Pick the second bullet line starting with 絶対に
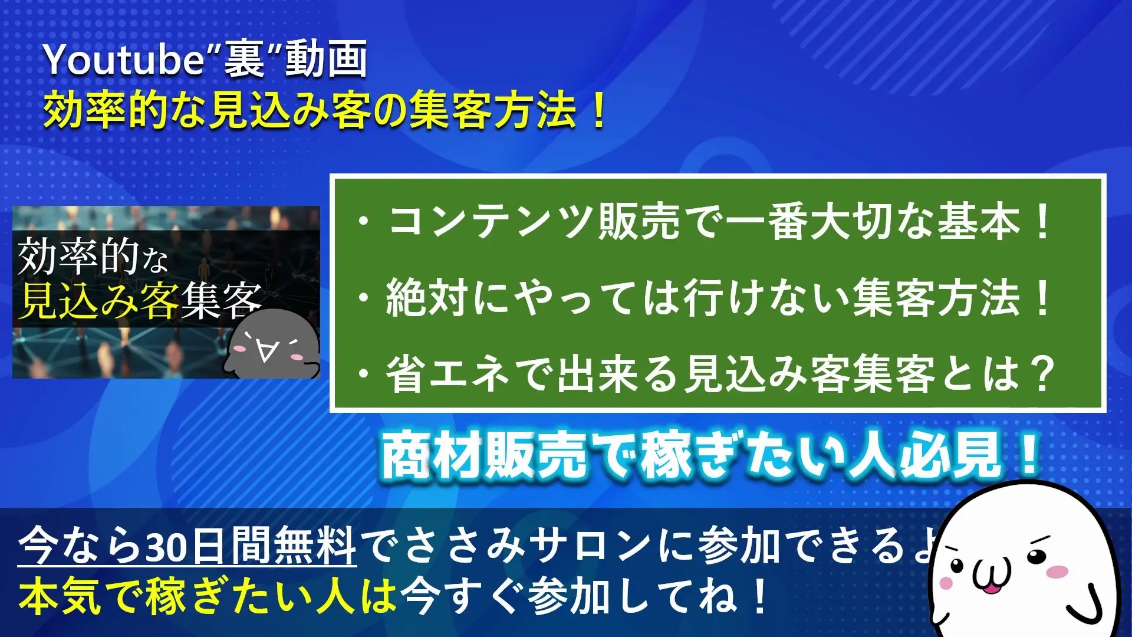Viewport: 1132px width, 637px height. (705, 297)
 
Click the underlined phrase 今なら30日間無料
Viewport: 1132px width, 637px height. (187, 546)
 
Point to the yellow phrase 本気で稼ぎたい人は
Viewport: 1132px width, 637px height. (208, 596)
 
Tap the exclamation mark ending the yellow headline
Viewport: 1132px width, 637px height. (597, 110)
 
